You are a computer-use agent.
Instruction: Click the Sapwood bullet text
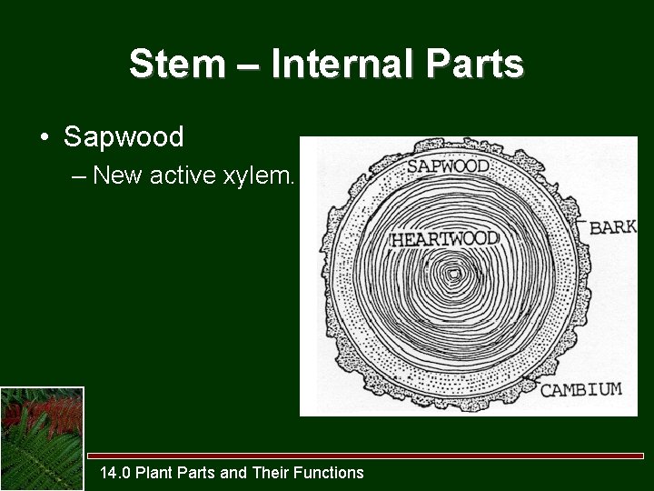coord(124,137)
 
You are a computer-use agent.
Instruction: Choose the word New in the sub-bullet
coord(114,175)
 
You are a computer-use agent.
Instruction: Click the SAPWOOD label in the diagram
coord(448,166)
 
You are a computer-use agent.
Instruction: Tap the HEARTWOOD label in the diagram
coord(444,239)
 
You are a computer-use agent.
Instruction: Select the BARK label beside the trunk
coord(612,227)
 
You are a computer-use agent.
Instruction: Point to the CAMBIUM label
coord(581,390)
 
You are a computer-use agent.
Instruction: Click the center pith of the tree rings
coord(451,272)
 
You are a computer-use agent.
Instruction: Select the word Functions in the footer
coord(331,472)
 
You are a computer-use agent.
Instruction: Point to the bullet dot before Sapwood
coord(44,138)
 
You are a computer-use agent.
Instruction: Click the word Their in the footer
coord(273,472)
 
